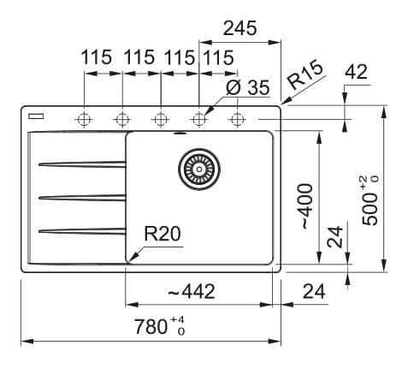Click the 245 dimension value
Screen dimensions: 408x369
[x=239, y=28]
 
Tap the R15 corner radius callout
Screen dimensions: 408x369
[x=305, y=74]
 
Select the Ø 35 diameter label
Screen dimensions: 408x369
[x=247, y=87]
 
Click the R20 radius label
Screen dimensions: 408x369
[x=163, y=234]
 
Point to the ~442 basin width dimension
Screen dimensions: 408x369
[x=192, y=291]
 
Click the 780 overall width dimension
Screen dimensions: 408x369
[x=159, y=326]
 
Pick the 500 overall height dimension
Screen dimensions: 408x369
[x=370, y=200]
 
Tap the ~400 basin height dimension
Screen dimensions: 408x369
[x=305, y=206]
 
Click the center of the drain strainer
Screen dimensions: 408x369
[x=199, y=170]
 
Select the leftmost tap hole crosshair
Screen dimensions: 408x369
[x=84, y=119]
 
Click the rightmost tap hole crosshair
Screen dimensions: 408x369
[x=237, y=119]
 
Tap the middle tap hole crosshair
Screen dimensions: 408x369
[x=160, y=119]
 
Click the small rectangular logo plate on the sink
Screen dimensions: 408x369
[x=36, y=116]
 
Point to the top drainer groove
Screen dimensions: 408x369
[x=82, y=164]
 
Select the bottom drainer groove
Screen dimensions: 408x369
[x=82, y=231]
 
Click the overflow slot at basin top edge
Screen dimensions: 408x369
[x=180, y=133]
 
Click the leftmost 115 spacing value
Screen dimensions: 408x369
[x=96, y=57]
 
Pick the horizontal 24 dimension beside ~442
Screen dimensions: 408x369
[x=314, y=291]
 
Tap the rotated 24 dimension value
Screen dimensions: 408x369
[x=334, y=236]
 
